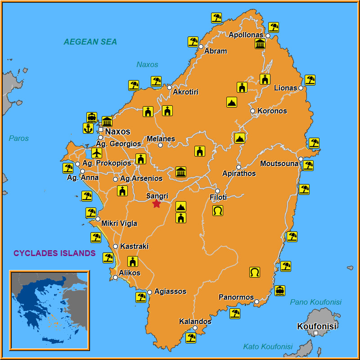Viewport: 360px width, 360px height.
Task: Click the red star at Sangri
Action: click(156, 204)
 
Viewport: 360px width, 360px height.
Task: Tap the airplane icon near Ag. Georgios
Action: click(96, 153)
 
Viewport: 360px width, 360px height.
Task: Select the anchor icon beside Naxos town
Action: click(88, 128)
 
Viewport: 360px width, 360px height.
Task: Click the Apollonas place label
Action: click(246, 35)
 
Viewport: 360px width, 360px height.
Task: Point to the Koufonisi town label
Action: click(317, 326)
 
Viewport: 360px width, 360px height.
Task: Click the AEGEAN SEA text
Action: click(90, 42)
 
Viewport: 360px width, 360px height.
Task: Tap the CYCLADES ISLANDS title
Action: click(54, 253)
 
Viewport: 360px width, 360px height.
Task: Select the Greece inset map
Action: click(49, 310)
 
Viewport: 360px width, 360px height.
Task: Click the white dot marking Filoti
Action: click(217, 191)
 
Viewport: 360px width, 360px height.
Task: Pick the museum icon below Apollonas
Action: click(260, 44)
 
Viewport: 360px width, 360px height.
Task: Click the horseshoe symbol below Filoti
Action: click(218, 210)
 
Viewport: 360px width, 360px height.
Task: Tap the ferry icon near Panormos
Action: click(280, 290)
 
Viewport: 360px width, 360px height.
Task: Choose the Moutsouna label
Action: click(279, 164)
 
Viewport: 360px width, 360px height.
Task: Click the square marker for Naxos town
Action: click(101, 130)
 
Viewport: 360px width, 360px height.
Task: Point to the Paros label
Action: click(19, 138)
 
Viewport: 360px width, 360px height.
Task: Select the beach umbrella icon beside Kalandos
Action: click(191, 337)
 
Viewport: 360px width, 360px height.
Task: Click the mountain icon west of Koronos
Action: click(232, 102)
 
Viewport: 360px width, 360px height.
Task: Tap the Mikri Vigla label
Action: click(119, 224)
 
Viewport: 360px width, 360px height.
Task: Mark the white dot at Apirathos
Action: click(238, 167)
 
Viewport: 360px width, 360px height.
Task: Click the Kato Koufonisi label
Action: click(268, 346)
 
